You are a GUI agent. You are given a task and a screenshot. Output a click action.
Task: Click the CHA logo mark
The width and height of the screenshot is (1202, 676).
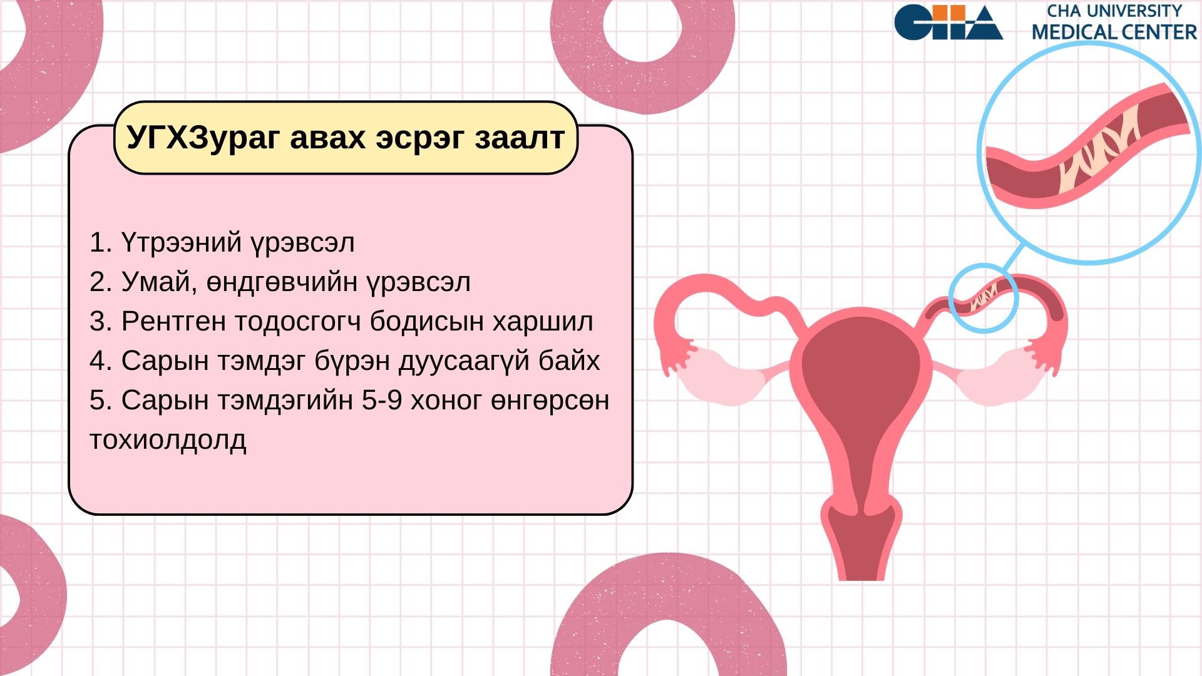[948, 23]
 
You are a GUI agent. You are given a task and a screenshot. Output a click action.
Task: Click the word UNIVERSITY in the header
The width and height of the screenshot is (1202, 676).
[1134, 11]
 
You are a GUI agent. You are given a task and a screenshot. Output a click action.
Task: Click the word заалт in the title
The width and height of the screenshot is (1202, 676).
[520, 138]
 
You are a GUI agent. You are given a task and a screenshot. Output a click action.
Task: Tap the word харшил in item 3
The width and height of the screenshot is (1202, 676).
[543, 322]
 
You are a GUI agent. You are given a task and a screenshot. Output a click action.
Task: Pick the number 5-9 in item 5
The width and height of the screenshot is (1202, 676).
[382, 401]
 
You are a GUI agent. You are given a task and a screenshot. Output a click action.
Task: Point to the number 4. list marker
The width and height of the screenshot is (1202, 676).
[101, 361]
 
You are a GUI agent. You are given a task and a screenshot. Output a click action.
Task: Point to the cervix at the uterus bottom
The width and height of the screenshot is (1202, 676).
[861, 538]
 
